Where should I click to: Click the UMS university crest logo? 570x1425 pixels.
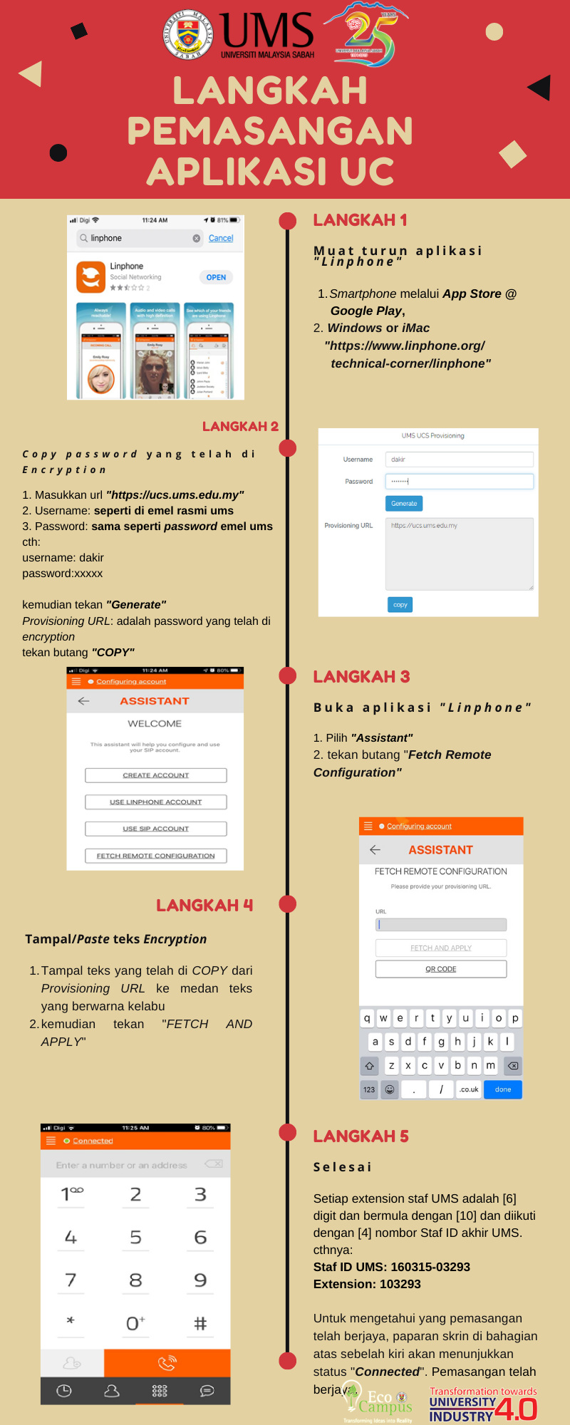[188, 35]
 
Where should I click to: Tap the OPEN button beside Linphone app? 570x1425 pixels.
[216, 277]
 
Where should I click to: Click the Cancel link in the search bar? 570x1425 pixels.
[221, 238]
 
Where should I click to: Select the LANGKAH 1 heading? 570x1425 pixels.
[360, 220]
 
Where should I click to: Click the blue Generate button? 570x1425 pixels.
[404, 503]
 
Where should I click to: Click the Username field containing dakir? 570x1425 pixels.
[459, 460]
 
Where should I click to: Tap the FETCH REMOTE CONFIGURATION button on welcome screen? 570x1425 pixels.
[155, 856]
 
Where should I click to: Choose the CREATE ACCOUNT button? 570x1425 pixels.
[155, 775]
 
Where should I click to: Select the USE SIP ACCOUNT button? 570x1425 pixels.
[155, 829]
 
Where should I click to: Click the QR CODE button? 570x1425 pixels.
[441, 969]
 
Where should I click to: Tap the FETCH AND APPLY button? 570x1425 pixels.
[441, 948]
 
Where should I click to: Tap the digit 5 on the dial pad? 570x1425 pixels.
[135, 1238]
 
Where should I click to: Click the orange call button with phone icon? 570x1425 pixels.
[167, 1363]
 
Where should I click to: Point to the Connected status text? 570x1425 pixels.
[93, 1141]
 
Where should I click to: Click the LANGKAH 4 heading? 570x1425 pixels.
[204, 906]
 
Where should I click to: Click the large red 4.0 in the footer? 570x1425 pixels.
[516, 1409]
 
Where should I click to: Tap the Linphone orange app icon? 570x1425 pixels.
[90, 277]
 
